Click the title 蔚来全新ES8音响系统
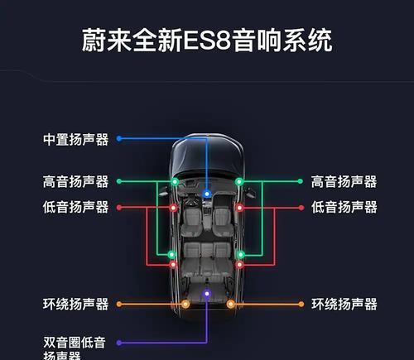207,41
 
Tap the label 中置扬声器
75,139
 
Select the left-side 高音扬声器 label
75,182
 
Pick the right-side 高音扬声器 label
344,182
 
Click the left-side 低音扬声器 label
75,207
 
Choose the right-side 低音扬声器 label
344,207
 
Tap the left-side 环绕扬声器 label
75,305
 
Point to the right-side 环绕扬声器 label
344,305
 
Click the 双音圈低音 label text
75,343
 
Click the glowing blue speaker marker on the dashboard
207,194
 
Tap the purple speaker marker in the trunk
207,294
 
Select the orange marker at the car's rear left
185,305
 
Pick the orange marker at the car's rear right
231,305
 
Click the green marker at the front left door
175,181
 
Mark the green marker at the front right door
239,181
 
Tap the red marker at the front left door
173,208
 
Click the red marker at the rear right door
239,265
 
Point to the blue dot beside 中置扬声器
119,138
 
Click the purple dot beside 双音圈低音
119,343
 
